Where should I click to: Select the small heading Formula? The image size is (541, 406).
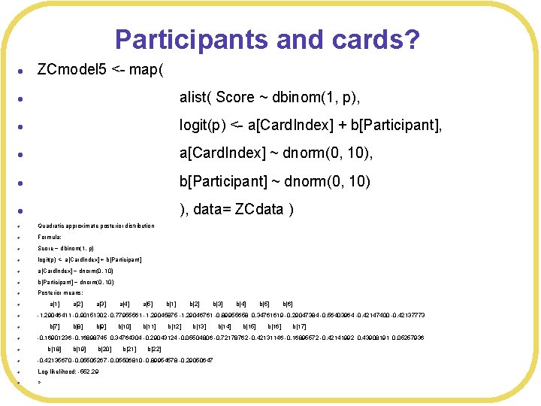(50, 237)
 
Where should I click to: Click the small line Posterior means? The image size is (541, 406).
(59, 293)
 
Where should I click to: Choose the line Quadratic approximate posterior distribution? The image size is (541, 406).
(96, 226)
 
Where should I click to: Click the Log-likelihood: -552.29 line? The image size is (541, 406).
(68, 371)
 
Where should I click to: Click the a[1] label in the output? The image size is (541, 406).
(54, 304)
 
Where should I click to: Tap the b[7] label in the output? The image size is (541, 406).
(54, 327)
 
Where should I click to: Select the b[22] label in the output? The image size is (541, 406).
(155, 350)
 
